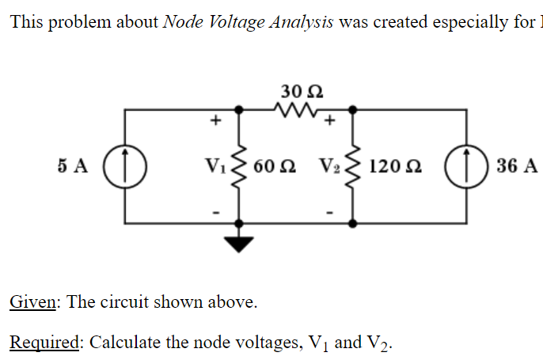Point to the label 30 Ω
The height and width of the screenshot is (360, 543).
(x=294, y=89)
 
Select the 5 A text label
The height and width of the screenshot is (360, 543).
(x=73, y=166)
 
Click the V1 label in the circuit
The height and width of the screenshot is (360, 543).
(x=215, y=166)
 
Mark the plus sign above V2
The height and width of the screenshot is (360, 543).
(x=329, y=121)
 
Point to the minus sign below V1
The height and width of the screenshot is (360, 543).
(x=212, y=210)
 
